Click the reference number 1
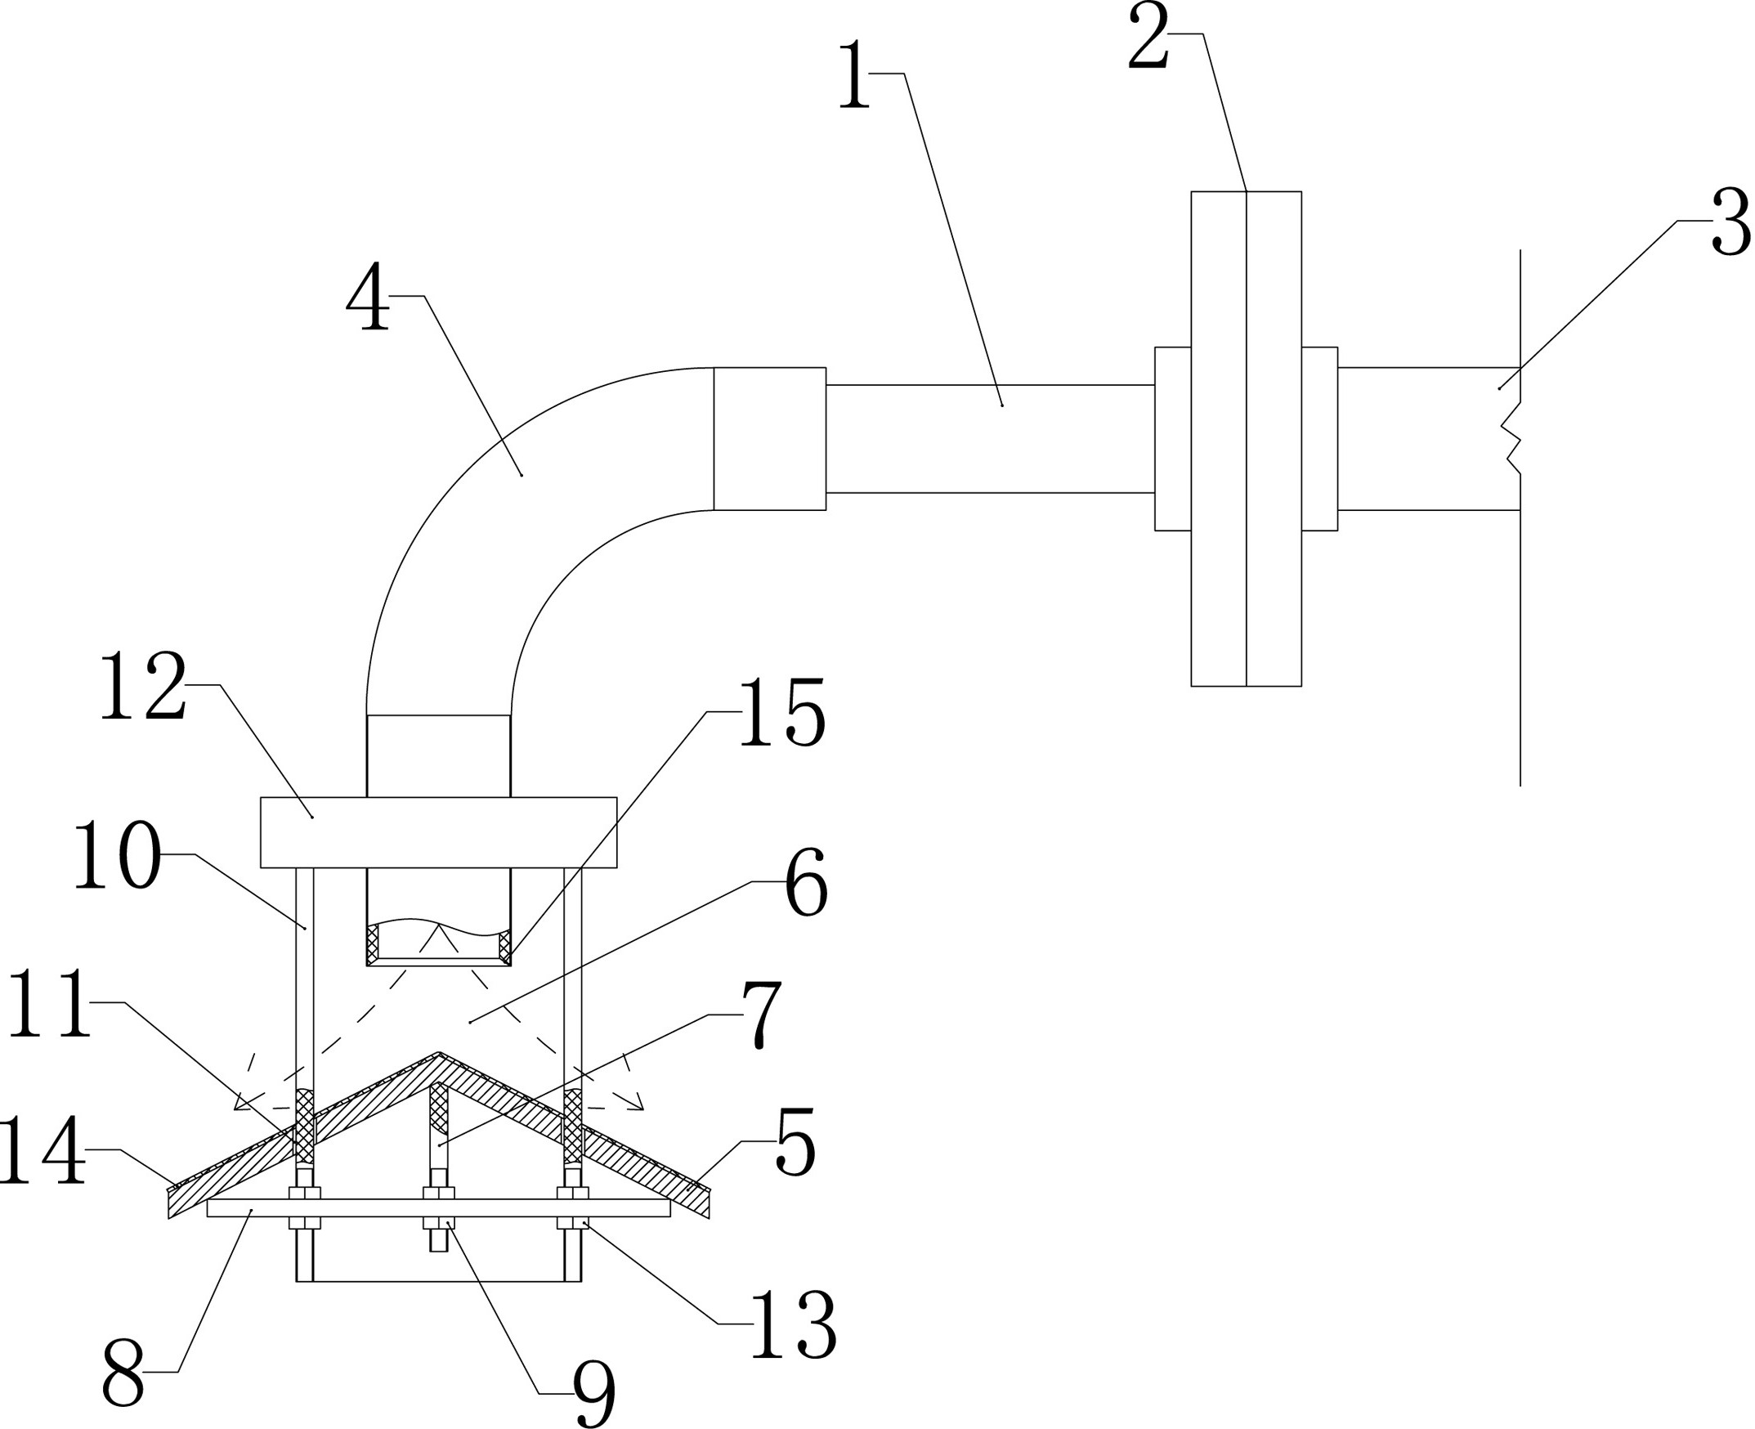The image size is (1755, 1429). point(854,76)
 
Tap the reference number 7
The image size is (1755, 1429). point(762,1015)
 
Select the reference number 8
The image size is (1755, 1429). point(123,1373)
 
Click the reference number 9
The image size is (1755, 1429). point(594,1395)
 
